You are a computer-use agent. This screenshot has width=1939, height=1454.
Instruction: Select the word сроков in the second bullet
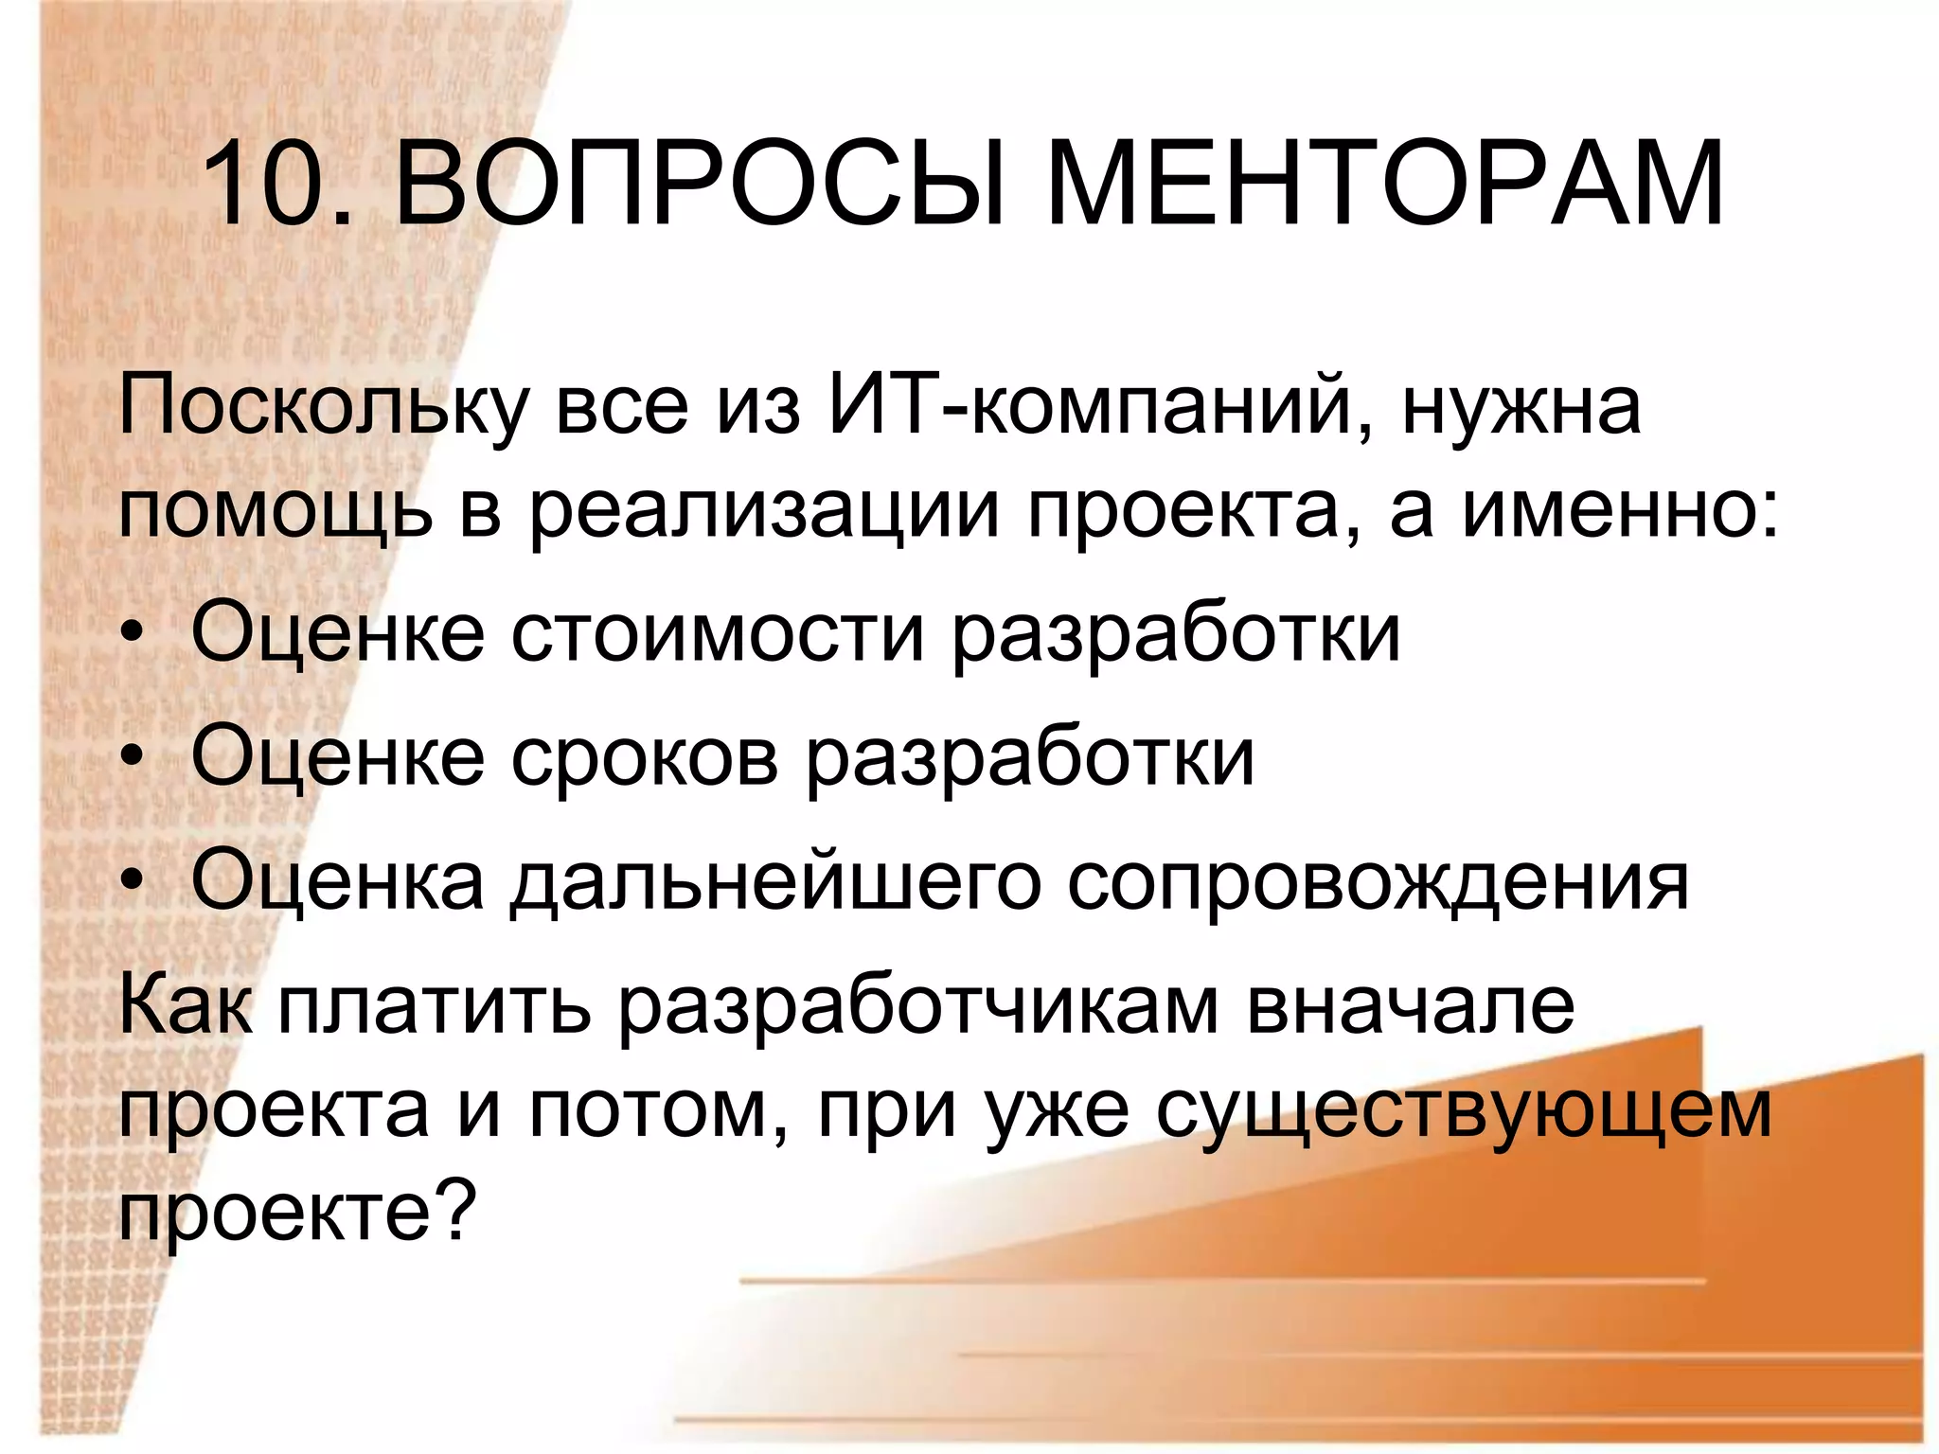click(x=644, y=757)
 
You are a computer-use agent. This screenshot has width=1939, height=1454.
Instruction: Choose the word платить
click(x=435, y=1005)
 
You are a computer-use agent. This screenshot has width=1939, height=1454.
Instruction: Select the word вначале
click(x=1411, y=1005)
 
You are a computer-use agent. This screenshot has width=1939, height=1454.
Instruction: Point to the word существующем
click(x=1463, y=1111)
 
